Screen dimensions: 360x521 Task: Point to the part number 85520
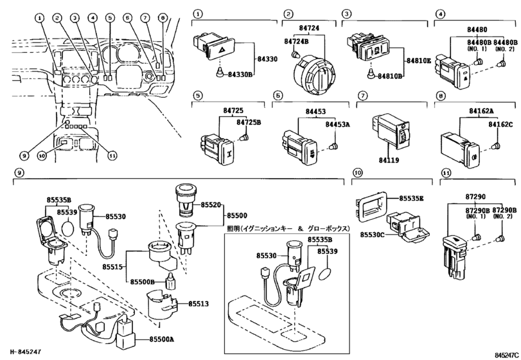[210, 204]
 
